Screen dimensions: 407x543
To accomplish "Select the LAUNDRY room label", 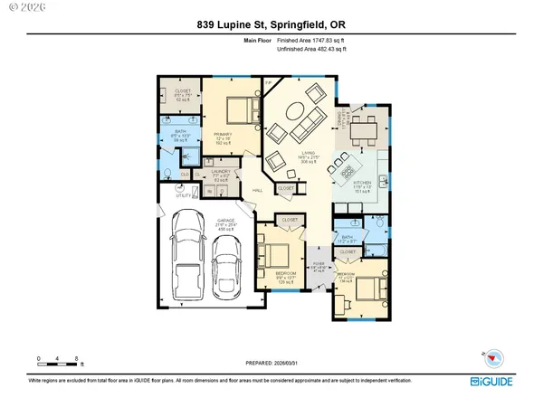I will (223, 172).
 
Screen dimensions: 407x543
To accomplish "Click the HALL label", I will (257, 191).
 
